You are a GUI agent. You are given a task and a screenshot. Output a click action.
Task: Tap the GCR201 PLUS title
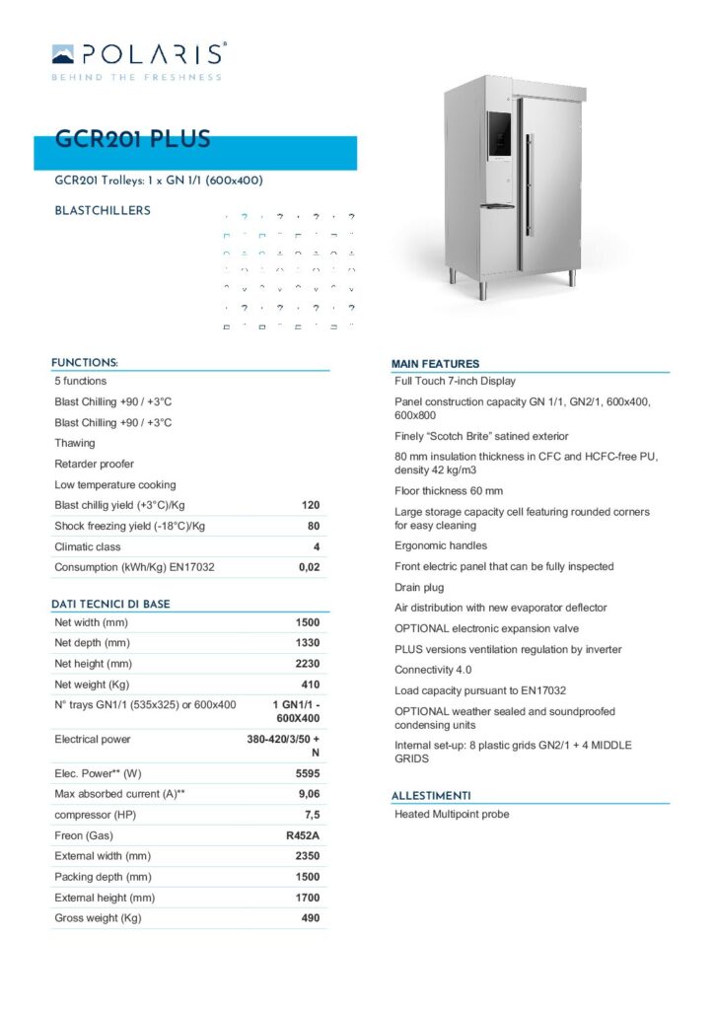coord(132,140)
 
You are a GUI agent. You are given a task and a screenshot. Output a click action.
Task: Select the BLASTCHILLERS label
coord(103,210)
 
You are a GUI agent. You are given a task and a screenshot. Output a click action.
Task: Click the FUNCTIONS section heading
coord(85,362)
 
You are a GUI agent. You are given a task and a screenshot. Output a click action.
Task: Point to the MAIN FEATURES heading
coord(435,364)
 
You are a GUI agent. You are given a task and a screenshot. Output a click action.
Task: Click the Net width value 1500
coord(308,622)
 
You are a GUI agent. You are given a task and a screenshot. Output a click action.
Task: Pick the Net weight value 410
coord(310,685)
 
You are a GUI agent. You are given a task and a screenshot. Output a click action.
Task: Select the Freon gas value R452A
coord(302,835)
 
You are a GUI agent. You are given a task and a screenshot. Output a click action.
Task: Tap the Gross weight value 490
coord(310,918)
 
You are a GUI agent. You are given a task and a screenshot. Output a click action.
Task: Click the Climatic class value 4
coord(315,546)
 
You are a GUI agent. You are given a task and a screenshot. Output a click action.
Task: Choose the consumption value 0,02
coord(309,567)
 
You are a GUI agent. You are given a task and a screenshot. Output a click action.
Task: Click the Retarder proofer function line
coord(94,464)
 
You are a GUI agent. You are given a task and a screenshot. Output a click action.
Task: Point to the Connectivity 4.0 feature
coord(432,670)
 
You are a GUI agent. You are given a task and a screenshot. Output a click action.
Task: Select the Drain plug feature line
coord(419,587)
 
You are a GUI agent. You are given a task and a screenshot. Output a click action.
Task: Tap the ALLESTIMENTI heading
coord(431,795)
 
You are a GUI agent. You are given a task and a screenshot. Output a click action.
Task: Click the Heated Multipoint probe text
coord(452,814)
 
